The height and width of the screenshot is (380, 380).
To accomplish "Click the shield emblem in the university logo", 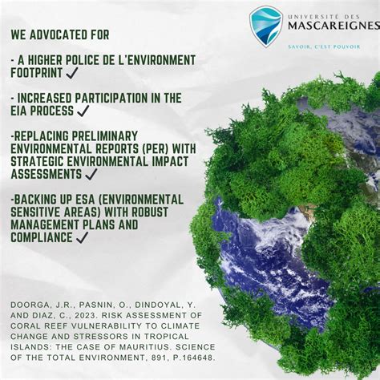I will click(x=265, y=26).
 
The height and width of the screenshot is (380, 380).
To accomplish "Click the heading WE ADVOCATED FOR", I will click(x=60, y=35).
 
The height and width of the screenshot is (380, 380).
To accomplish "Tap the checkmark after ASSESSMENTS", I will click(x=91, y=173).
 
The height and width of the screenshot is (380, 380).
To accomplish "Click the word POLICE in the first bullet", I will click(x=87, y=60).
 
